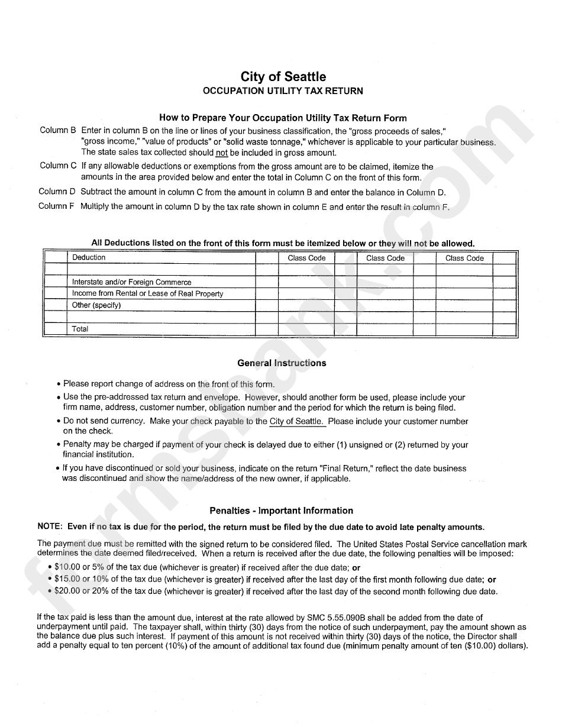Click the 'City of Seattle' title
click(x=283, y=77)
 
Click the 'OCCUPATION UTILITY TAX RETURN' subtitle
click(x=283, y=91)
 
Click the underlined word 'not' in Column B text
click(x=222, y=153)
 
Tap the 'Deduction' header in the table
click(x=89, y=258)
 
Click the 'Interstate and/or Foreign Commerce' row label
click(x=131, y=282)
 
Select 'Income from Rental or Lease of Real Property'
click(x=147, y=293)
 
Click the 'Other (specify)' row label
click(x=96, y=305)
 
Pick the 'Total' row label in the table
click(x=80, y=329)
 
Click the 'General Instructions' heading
click(x=282, y=363)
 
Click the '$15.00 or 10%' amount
click(x=82, y=579)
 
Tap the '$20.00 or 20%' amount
click(x=82, y=591)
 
